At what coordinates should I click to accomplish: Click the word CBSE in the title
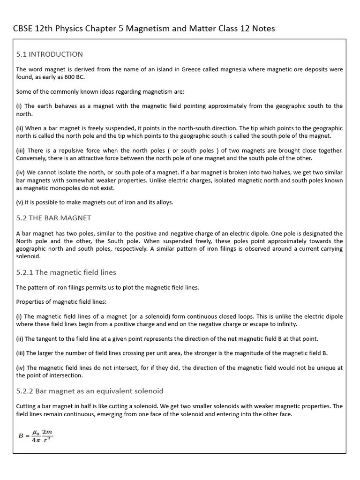[x=23, y=29]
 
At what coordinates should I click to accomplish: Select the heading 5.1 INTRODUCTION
[x=49, y=54]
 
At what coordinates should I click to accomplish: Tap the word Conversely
[x=32, y=158]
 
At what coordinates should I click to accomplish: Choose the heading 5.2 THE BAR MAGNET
[x=53, y=218]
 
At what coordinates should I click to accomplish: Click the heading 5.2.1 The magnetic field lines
[x=66, y=272]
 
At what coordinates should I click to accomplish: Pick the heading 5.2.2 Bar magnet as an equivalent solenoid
[x=90, y=391]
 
